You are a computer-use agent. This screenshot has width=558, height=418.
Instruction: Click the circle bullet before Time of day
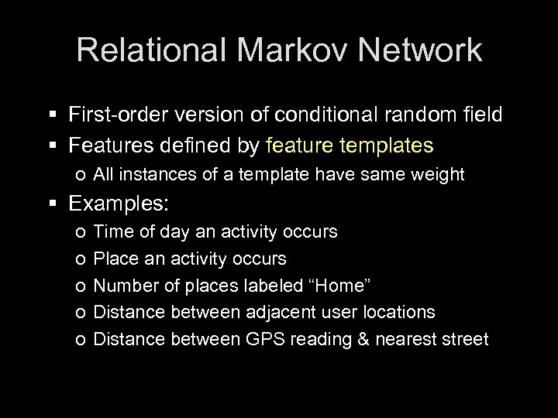pos(82,232)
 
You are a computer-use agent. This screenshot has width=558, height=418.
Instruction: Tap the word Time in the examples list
pos(112,231)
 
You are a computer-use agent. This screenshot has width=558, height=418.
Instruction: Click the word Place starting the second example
pos(114,258)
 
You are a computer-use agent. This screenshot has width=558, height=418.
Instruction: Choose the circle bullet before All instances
pos(82,176)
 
